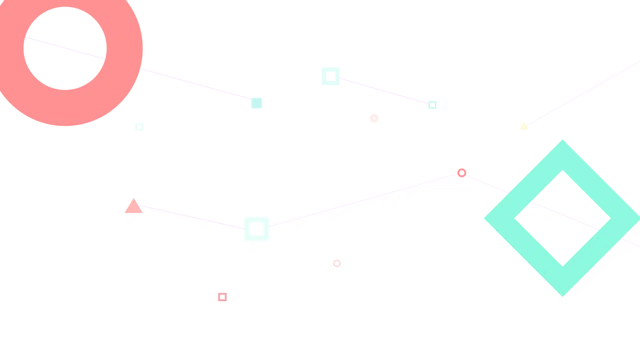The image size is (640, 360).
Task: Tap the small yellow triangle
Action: (x=523, y=127)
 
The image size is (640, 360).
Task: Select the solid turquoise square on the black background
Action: (x=256, y=103)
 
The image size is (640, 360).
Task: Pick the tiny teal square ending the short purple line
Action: (x=433, y=105)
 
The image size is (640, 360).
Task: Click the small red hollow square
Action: (x=222, y=297)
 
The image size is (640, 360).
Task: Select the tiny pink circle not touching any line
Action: (x=337, y=263)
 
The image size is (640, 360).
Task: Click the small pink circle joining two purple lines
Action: (x=461, y=173)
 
